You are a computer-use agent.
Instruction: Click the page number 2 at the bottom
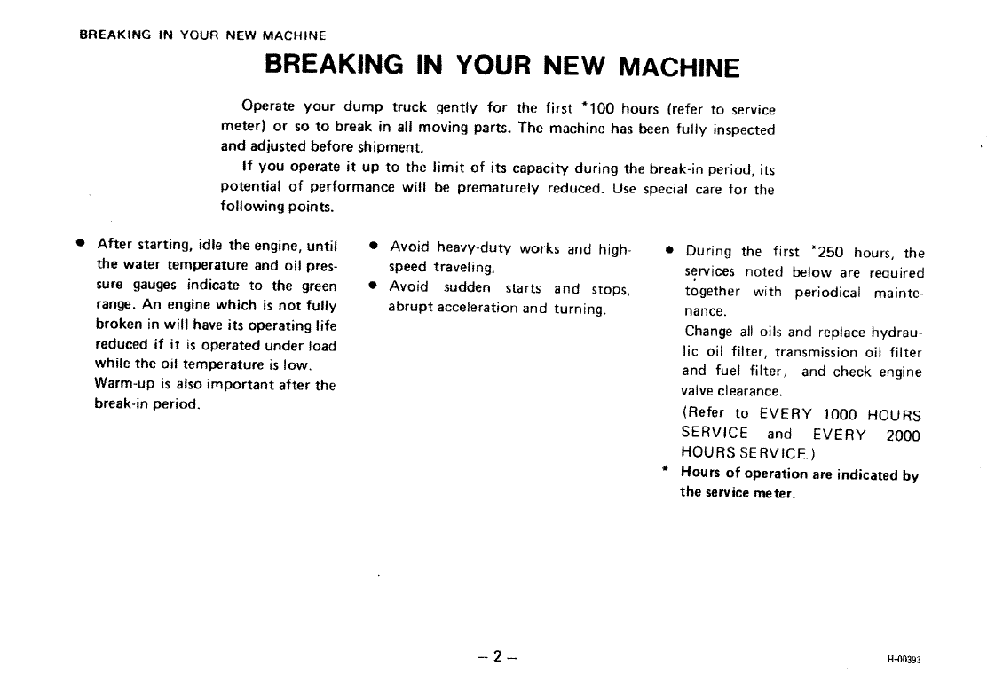point(497,657)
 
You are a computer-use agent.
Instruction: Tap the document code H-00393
point(904,660)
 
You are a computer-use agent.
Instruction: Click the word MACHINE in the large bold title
point(678,67)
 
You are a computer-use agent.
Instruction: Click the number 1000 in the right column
point(840,414)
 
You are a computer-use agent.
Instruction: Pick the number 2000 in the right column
point(904,435)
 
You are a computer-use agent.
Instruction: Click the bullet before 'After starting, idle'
point(80,243)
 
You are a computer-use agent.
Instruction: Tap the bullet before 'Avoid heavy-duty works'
point(374,246)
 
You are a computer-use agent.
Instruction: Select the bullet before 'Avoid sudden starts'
point(374,286)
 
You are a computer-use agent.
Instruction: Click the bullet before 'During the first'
point(670,250)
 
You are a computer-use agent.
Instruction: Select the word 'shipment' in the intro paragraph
point(390,148)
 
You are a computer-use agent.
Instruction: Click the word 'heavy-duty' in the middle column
point(474,248)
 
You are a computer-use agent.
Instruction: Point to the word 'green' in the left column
point(320,286)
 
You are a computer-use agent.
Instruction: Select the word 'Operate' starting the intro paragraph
point(268,106)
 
